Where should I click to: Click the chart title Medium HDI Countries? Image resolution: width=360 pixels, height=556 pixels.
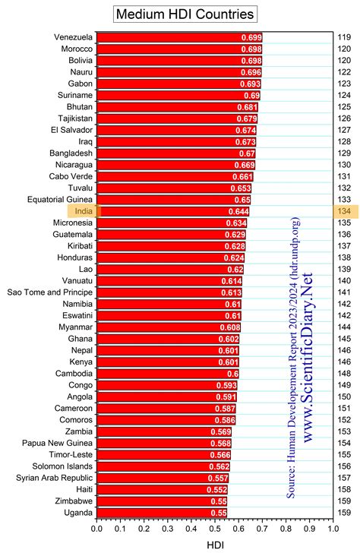(185, 14)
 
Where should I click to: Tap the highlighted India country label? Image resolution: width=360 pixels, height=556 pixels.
(84, 210)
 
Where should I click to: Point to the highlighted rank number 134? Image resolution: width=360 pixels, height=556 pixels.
(344, 210)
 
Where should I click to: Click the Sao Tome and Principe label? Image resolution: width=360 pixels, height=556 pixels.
(50, 292)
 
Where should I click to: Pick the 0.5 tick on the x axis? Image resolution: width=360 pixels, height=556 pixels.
(215, 529)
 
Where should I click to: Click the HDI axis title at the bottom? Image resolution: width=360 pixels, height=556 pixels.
(215, 545)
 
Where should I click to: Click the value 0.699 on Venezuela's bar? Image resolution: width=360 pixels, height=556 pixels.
(251, 37)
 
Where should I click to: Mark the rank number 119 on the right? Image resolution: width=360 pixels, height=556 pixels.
(344, 36)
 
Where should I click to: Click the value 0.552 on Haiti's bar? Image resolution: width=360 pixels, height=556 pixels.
(216, 490)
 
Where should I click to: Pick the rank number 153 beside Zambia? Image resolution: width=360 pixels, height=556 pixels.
(344, 431)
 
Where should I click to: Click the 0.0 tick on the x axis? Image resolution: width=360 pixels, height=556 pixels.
(97, 529)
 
